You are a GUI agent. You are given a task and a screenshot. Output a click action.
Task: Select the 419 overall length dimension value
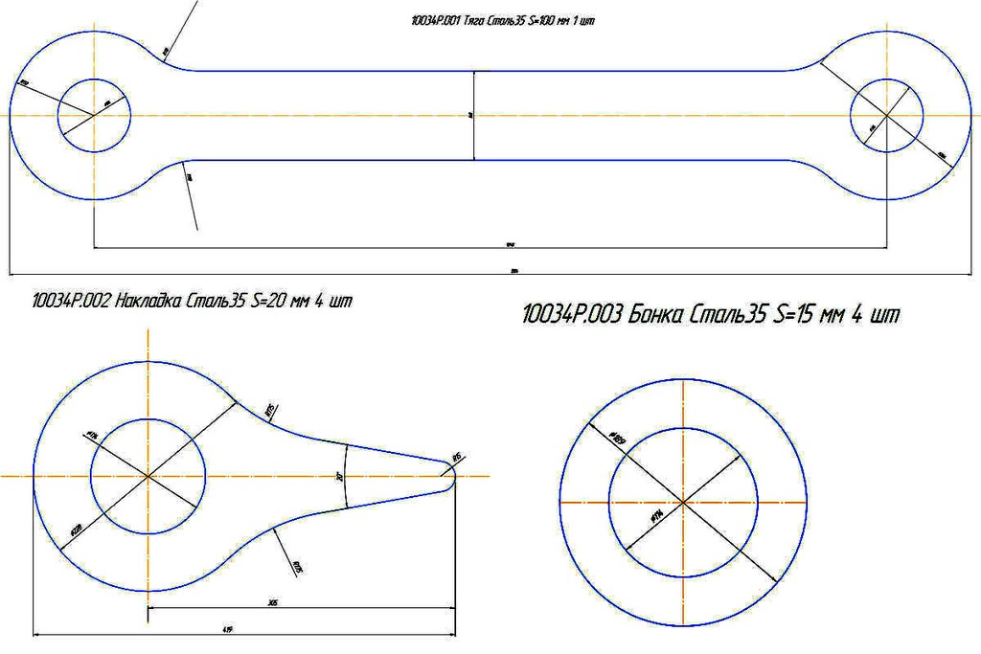point(228,629)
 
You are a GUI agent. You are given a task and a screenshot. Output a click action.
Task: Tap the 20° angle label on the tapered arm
point(340,476)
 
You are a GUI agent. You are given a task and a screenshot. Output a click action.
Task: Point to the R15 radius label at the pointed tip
point(456,458)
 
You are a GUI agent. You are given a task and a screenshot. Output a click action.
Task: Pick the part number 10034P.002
point(70,303)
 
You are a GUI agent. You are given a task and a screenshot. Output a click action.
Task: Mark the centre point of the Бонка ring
point(681,502)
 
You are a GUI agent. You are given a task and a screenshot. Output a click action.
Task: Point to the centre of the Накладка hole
point(148,476)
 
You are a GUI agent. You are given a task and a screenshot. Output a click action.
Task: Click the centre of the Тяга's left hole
point(93,115)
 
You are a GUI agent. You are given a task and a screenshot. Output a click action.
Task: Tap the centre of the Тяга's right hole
point(886,115)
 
